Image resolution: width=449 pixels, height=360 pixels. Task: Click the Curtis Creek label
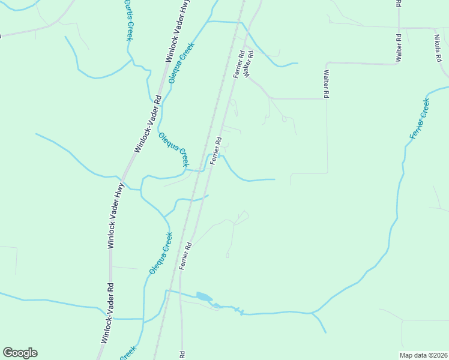(x=128, y=20)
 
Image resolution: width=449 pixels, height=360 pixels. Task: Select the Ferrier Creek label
(x=420, y=118)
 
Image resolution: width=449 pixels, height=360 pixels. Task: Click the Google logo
(x=20, y=353)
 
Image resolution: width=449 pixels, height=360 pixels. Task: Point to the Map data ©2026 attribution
(x=423, y=355)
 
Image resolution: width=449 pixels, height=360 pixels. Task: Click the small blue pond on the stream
(x=203, y=296)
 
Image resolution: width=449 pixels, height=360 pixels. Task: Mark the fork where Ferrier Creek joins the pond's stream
(x=312, y=313)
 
